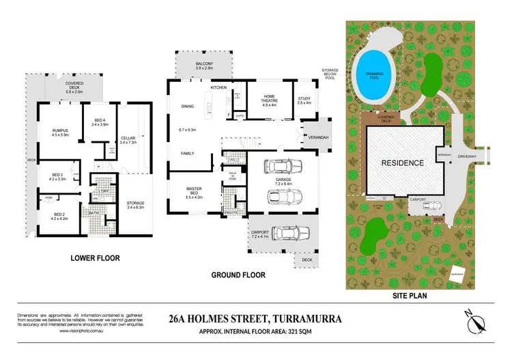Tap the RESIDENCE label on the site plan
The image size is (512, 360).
(x=403, y=163)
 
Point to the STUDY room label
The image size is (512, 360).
(x=304, y=100)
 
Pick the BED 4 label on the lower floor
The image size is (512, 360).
(x=100, y=122)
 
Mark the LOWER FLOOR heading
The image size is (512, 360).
(x=96, y=259)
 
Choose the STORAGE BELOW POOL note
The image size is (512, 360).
(x=332, y=74)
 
